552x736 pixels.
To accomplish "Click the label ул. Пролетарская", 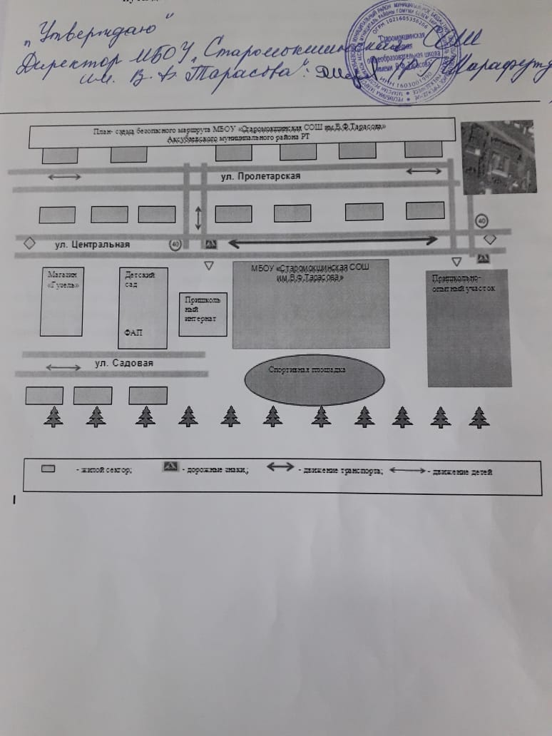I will (260, 176).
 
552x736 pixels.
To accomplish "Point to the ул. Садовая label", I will (124, 363).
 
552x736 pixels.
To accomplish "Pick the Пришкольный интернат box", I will (203, 314).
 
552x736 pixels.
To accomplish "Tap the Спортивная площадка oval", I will (314, 379).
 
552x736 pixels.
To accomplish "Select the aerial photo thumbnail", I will (496, 158).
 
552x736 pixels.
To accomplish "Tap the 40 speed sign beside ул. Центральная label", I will (175, 244).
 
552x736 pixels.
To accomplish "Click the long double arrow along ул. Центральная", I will (332, 242).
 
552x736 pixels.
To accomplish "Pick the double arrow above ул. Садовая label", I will (63, 367).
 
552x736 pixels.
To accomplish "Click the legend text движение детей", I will (462, 471).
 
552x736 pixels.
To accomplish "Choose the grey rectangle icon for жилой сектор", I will (48, 469).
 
